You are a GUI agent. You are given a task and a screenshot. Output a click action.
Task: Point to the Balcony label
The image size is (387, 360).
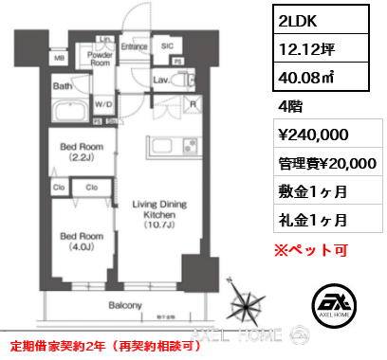coord(125,305)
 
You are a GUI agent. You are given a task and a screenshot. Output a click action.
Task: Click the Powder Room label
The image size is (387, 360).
coord(101,60)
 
